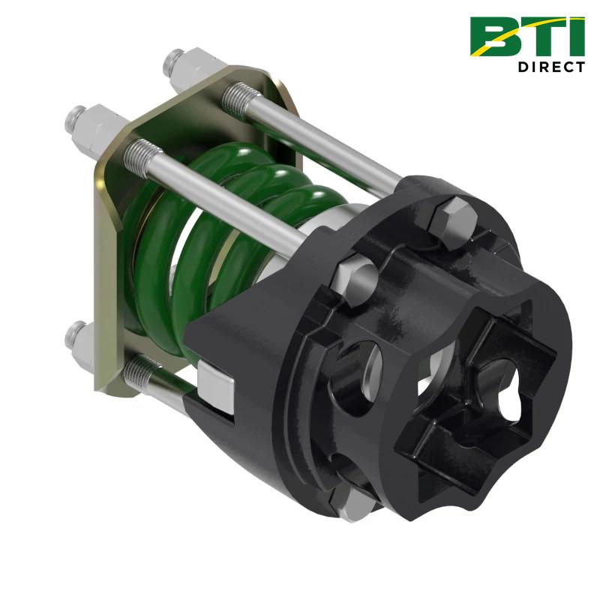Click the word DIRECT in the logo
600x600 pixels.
[550, 67]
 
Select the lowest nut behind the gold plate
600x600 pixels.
[78, 333]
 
